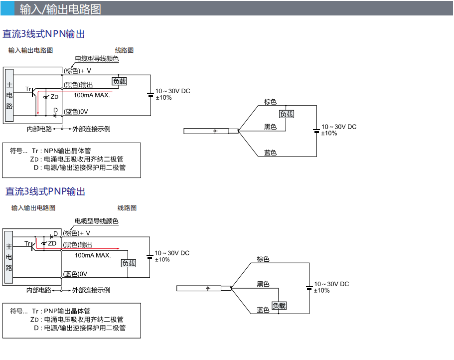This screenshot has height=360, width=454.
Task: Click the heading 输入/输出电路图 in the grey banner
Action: (x=60, y=9)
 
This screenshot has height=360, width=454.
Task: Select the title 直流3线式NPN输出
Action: (x=44, y=34)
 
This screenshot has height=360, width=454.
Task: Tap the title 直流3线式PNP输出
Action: (x=45, y=191)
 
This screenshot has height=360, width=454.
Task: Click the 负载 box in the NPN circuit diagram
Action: (x=120, y=81)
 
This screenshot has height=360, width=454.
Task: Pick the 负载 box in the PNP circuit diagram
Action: (x=129, y=263)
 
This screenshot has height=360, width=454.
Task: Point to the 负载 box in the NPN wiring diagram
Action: (x=287, y=114)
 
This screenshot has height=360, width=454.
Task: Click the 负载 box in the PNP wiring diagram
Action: (x=279, y=306)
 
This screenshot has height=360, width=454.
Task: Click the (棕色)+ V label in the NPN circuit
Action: (x=77, y=71)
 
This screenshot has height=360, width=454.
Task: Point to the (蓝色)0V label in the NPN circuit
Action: (x=76, y=111)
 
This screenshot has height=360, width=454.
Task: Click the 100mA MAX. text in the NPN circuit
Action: (x=92, y=95)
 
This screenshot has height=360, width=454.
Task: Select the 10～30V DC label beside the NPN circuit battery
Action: (x=173, y=91)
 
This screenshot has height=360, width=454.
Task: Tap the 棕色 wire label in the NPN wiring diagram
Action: (x=270, y=102)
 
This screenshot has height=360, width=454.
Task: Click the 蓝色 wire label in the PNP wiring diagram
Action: (x=263, y=310)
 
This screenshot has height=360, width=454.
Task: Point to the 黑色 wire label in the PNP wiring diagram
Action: (x=263, y=284)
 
